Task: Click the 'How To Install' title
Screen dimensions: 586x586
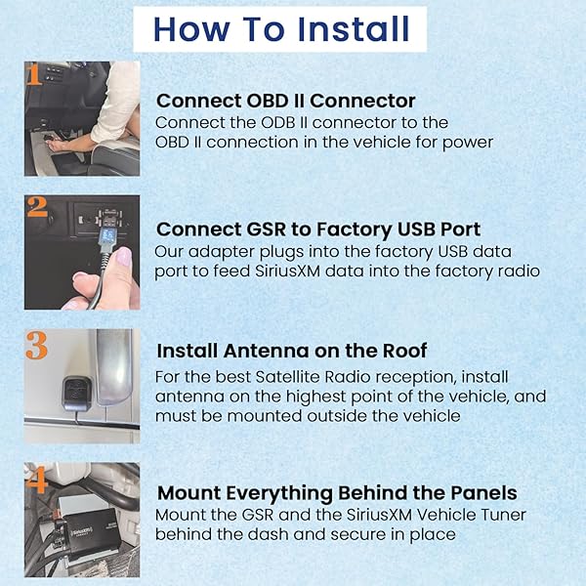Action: (x=281, y=29)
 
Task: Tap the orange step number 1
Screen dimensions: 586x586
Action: (x=34, y=74)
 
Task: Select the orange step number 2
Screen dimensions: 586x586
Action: (x=37, y=207)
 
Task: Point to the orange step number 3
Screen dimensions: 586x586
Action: (x=37, y=346)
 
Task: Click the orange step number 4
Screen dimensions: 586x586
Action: (x=37, y=480)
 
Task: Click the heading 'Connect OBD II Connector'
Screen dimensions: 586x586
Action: (x=286, y=101)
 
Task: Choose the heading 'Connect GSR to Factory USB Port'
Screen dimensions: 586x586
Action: (x=318, y=230)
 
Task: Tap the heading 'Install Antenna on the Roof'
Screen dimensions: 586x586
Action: (x=291, y=351)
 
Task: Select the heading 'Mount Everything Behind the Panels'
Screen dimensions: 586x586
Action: (x=337, y=493)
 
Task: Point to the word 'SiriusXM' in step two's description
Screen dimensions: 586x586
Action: (x=288, y=271)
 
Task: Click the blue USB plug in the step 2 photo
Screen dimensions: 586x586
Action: (x=107, y=234)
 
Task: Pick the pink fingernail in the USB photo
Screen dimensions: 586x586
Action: (x=124, y=257)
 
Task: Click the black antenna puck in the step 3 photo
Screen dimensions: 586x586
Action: (x=76, y=394)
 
